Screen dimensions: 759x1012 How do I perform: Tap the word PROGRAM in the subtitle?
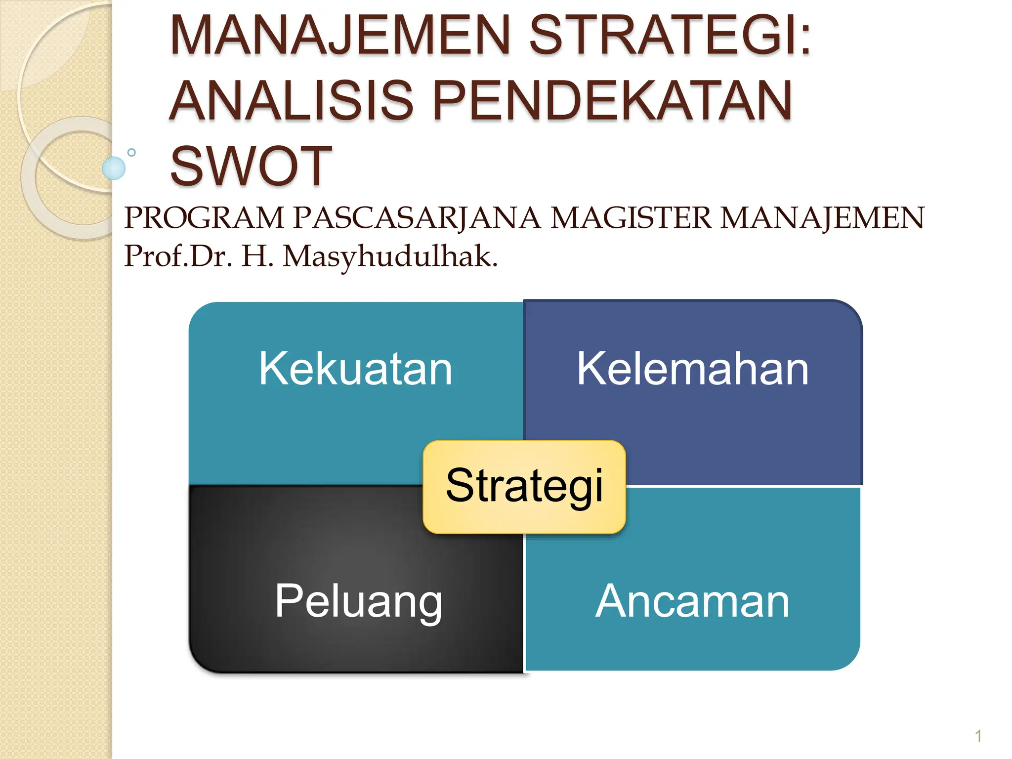tap(204, 218)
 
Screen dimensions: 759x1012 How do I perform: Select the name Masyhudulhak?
tap(390, 257)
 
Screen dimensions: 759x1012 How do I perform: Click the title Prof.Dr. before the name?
tap(178, 256)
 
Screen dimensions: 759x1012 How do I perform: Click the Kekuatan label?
tap(355, 369)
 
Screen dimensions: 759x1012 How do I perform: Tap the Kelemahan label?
tap(692, 369)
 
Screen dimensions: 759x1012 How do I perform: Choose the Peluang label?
tap(358, 601)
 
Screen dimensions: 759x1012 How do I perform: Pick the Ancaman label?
tap(692, 601)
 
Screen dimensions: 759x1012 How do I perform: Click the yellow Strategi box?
tap(524, 486)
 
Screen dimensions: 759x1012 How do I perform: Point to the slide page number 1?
tap(978, 736)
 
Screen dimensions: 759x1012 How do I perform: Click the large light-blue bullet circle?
tap(114, 168)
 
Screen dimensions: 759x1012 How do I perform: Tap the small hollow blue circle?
tap(131, 153)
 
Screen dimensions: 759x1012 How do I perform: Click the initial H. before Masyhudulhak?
tap(257, 256)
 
